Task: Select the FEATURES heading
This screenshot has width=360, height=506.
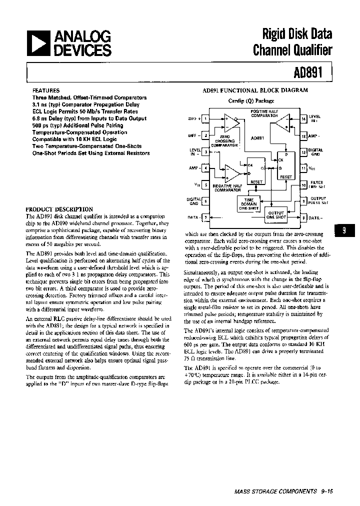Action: coord(46,91)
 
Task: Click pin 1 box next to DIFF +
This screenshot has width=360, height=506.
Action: coord(206,118)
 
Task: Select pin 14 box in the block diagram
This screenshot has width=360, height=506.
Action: coord(303,118)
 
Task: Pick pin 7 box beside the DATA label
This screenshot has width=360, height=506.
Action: coord(206,217)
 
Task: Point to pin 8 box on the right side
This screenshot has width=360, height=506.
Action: coord(303,217)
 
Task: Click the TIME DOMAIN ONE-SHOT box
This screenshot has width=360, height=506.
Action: coord(248,204)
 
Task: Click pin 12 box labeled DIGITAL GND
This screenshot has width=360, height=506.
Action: coord(303,151)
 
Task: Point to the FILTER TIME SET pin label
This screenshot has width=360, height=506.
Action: coord(317,184)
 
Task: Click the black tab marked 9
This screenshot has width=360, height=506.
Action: coord(343,230)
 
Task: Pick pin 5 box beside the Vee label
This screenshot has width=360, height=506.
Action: coord(206,184)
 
